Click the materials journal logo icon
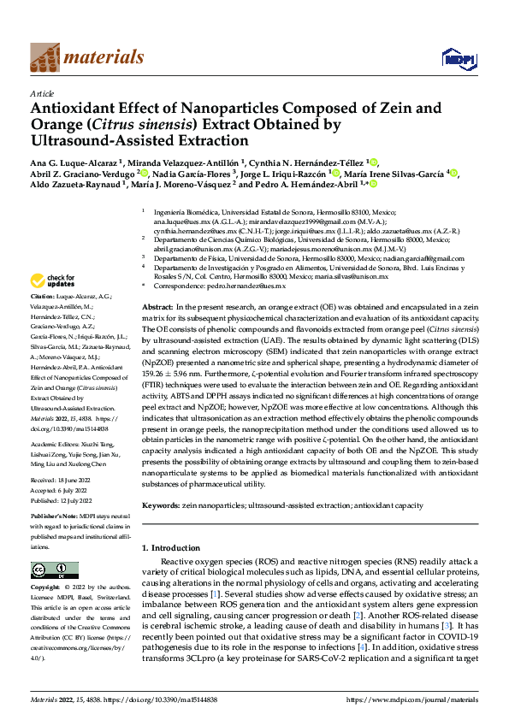45,57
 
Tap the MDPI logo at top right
455,58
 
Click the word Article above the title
42,93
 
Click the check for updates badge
54,281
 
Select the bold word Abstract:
158,306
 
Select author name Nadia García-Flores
203,173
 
